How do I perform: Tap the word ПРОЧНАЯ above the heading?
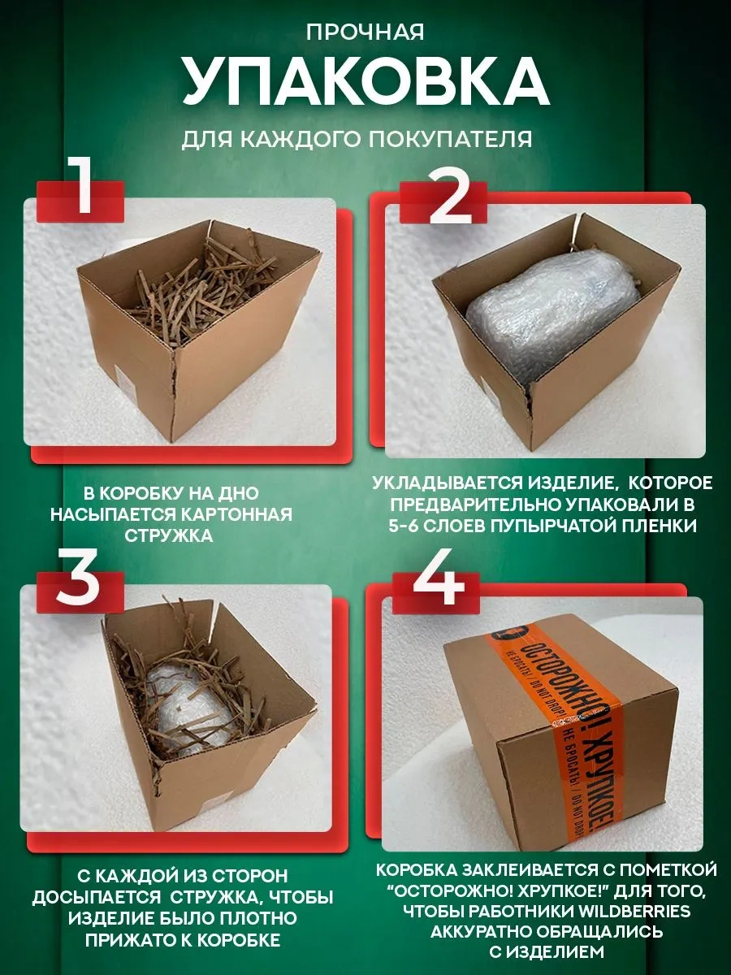click(x=365, y=32)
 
